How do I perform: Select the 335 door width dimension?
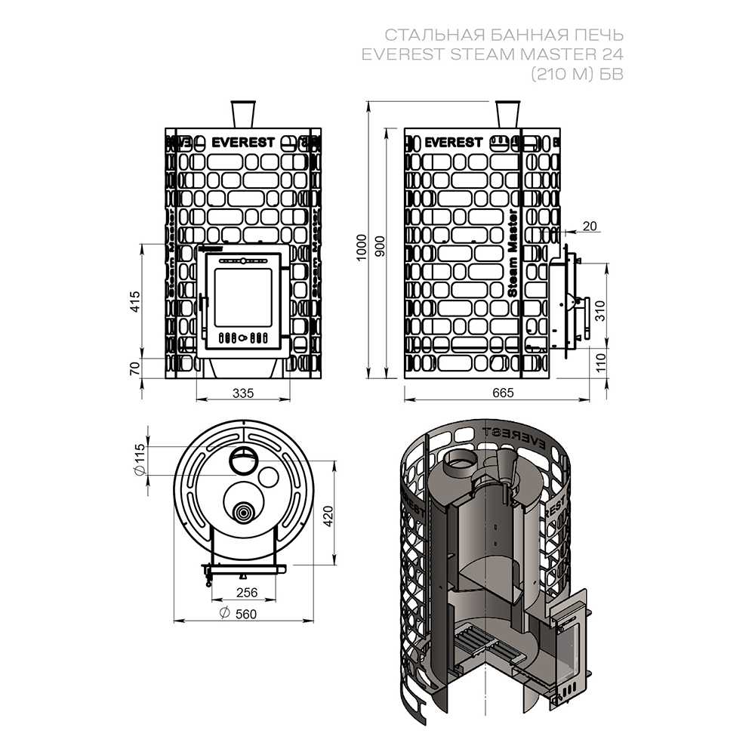(242, 393)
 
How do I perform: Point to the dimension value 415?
(135, 303)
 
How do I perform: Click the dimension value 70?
(135, 368)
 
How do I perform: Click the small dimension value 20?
(589, 226)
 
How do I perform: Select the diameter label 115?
(139, 460)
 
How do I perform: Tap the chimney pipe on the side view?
(508, 114)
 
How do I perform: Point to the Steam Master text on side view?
(513, 252)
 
